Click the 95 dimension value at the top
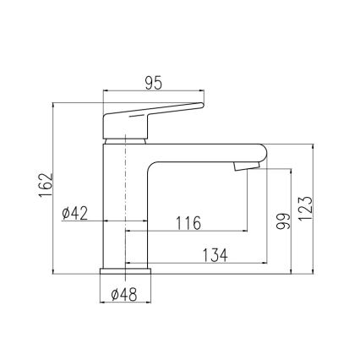coord(153,82)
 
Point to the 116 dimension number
coord(188,223)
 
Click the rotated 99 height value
coord(283,221)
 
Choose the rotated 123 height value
coord(306,205)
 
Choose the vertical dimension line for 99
coord(292,221)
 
